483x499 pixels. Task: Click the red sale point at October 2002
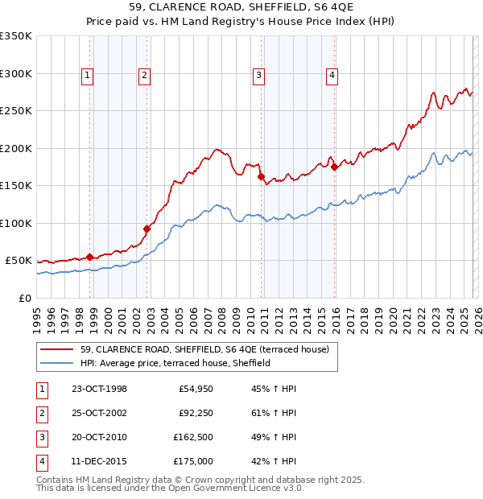pos(147,229)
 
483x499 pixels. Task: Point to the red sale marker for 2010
pos(261,176)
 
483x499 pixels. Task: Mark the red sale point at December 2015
pos(334,167)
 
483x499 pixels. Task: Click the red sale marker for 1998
pos(90,257)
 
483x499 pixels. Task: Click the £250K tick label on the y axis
pos(16,111)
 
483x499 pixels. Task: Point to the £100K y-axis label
pos(16,223)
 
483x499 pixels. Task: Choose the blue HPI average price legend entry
pos(175,364)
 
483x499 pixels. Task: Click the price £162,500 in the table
pos(193,437)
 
